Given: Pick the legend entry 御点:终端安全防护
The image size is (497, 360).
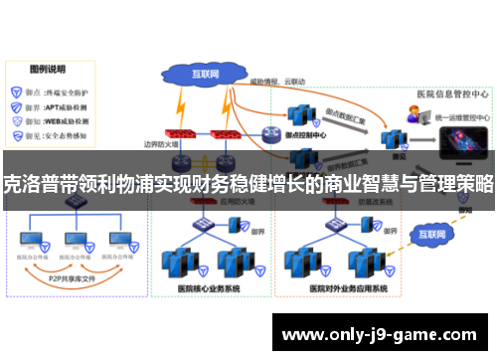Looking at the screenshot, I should pos(55,89).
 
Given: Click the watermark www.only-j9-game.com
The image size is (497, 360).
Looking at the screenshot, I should pos(382,335).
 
